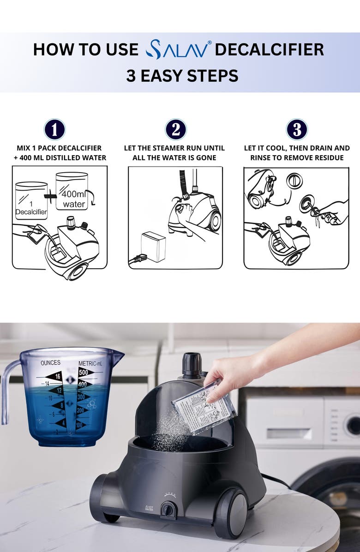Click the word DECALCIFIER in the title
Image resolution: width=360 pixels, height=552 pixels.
[269, 49]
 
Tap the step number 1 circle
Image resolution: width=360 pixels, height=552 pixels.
[55, 130]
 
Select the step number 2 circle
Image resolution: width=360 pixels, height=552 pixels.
[176, 130]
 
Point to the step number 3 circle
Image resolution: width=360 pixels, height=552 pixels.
[297, 130]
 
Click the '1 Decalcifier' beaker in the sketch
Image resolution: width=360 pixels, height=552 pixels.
[31, 201]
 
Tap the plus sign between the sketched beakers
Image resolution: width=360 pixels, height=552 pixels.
[51, 196]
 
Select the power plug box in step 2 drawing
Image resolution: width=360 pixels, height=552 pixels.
[153, 246]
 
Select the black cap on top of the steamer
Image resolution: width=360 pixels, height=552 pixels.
[192, 365]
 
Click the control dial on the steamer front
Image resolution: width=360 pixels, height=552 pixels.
[168, 510]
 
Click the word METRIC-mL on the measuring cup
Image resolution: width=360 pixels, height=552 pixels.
[92, 363]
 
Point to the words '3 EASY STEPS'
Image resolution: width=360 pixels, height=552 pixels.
[182, 76]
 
